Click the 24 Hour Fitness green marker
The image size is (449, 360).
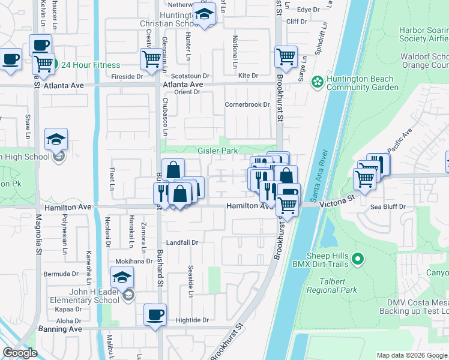tap(54, 65)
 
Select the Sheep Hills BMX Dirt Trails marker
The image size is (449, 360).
tap(358, 260)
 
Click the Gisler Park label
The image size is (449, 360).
tap(218, 151)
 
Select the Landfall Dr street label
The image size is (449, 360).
tap(182, 242)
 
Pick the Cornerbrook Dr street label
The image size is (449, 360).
tap(247, 104)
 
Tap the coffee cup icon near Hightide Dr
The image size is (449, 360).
tap(155, 314)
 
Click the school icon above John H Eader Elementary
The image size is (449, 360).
tap(121, 277)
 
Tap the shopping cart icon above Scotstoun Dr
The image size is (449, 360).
tap(150, 58)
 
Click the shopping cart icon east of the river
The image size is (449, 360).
tap(364, 178)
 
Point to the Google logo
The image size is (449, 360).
tap(20, 353)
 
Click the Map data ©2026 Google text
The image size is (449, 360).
tap(411, 355)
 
